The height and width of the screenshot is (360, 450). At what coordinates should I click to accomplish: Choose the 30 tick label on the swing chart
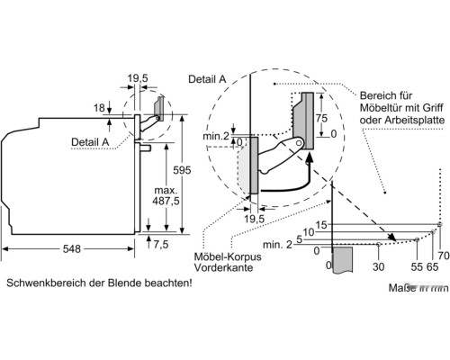[x=378, y=266]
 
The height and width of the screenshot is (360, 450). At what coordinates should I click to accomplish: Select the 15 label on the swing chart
[x=321, y=224]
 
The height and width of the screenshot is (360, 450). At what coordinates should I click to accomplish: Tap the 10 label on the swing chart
[x=309, y=233]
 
